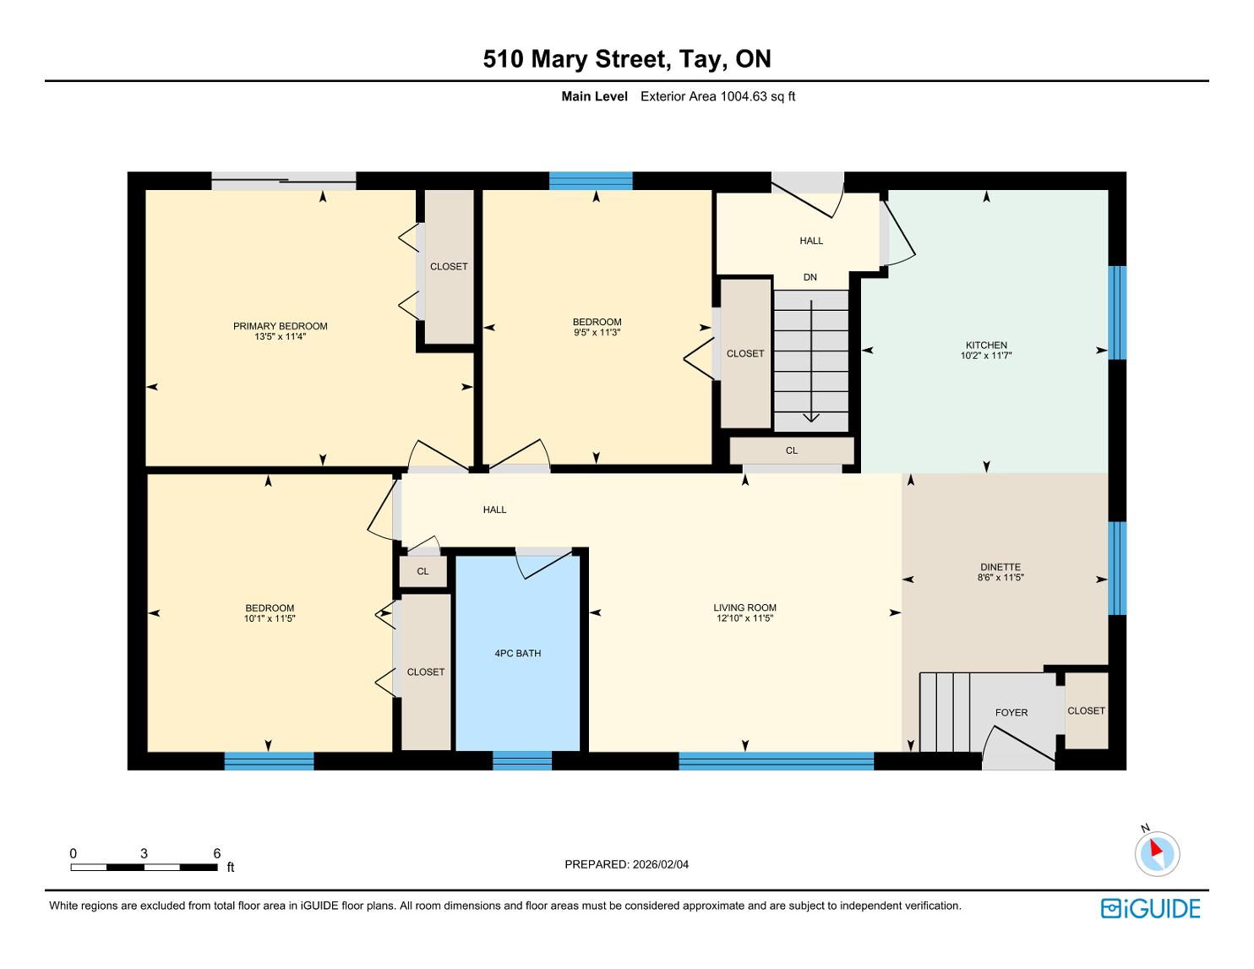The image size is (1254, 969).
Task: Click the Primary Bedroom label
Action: tap(280, 326)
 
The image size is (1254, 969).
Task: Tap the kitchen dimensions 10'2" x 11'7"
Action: tap(985, 356)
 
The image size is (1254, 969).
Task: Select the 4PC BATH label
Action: tap(518, 654)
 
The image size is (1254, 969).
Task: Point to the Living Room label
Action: tap(744, 608)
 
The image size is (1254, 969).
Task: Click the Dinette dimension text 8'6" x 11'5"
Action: tap(1000, 577)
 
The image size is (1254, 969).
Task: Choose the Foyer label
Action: tap(1011, 713)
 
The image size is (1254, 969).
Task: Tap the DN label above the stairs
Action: tap(810, 277)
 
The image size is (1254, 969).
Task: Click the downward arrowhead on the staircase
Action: tap(811, 417)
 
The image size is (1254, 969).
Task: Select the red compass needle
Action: tap(1156, 848)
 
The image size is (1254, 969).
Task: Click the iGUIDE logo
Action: tap(1150, 909)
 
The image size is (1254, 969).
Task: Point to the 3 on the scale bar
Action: tap(144, 853)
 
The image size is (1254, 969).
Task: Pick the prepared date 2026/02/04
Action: tap(660, 864)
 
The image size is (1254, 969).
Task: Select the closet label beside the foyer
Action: tap(1086, 711)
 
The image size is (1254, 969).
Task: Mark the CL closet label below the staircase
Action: tap(791, 451)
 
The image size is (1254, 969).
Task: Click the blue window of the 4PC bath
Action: tap(521, 761)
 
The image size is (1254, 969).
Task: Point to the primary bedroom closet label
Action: tap(449, 266)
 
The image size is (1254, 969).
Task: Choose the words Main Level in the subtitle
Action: tap(594, 96)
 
